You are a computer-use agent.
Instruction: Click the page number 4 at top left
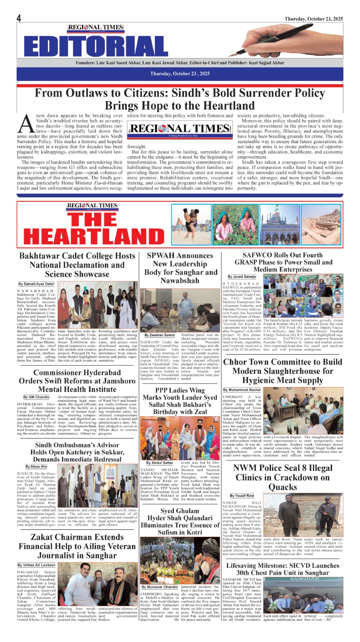pos(19,18)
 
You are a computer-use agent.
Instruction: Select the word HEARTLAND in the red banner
pos(94,236)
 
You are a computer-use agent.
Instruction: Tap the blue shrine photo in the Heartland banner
pos(280,224)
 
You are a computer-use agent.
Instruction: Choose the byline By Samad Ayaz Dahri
pos(36,284)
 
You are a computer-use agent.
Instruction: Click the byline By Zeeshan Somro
pos(160,335)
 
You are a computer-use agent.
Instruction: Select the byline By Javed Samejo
pos(242,276)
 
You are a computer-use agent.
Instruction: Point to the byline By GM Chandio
pos(36,397)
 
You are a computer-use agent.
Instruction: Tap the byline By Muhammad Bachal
pos(242,390)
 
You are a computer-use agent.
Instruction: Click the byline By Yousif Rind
pos(242,495)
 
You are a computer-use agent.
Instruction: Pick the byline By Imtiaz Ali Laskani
pos(36,565)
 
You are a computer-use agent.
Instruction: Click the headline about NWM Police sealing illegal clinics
pos(283,477)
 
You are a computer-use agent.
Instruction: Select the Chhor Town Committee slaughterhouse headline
pos(283,371)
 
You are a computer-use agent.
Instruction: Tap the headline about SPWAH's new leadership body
pos(180,268)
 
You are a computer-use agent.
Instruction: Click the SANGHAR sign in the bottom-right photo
pos(304,579)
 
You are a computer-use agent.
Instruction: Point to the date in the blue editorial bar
pos(180,73)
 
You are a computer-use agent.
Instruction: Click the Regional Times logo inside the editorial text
pos(180,129)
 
